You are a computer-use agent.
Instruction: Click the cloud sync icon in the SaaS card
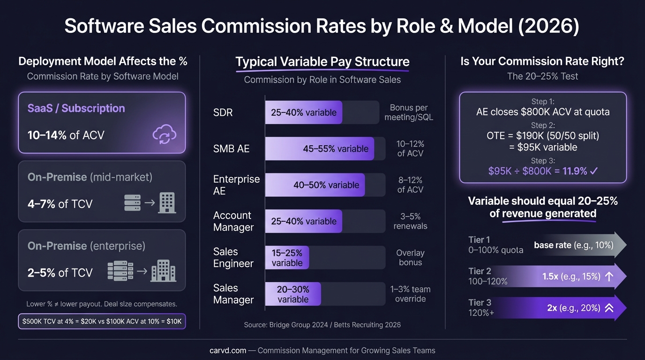(164, 135)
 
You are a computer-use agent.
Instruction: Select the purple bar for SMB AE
(319, 149)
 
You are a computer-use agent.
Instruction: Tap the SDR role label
(223, 112)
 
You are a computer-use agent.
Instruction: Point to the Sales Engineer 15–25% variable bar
(287, 258)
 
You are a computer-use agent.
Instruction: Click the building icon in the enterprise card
(163, 270)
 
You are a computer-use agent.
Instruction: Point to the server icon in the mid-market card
(133, 202)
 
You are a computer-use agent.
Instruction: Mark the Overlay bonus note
(410, 257)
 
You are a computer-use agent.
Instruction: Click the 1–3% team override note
(410, 294)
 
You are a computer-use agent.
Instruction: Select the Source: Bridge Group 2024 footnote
(322, 324)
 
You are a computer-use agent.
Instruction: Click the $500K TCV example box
(102, 321)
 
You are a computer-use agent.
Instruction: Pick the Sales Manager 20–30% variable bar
(293, 294)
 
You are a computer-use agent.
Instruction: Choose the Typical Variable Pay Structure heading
(322, 62)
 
